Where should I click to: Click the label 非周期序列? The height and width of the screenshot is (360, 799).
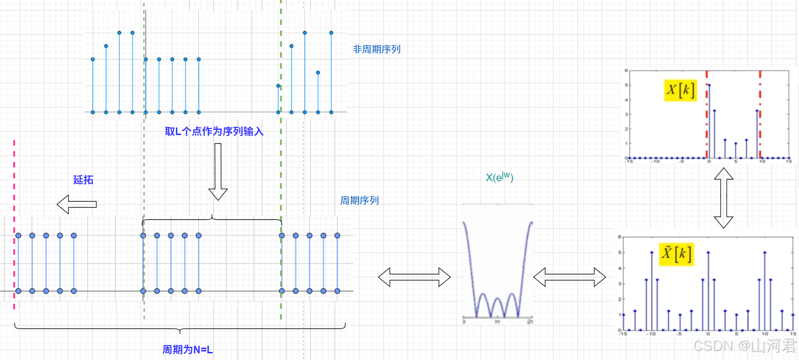point(376,49)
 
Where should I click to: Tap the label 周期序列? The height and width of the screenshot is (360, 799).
point(359,201)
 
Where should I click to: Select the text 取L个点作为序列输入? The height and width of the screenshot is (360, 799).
point(214,132)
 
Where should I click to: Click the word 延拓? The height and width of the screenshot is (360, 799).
point(83,180)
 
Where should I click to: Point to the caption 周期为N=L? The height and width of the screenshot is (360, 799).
point(187,350)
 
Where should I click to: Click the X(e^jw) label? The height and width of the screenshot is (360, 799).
point(499,177)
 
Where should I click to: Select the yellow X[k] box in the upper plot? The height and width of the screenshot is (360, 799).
point(681,90)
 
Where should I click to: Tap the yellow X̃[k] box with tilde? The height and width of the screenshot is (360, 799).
point(676,253)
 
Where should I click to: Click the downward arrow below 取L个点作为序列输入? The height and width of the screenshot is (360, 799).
point(218,172)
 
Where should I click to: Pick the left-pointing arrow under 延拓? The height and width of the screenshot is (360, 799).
point(77,204)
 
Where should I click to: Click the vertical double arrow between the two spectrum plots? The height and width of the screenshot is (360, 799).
point(723,198)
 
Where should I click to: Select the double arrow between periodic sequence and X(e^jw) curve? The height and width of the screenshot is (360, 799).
point(414,277)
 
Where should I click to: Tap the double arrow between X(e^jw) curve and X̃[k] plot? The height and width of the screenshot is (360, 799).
point(569,277)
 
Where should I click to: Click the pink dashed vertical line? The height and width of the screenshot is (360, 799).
point(14,224)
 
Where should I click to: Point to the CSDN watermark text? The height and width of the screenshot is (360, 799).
point(744,346)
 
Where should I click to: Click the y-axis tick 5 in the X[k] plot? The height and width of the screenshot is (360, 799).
point(626,85)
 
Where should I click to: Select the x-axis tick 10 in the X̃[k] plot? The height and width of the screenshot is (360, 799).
point(765,334)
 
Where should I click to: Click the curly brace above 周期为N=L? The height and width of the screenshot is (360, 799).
point(180,328)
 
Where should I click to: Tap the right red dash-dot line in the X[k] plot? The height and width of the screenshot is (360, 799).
point(760,114)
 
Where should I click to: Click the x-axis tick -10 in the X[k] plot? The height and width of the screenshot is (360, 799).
point(655,162)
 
